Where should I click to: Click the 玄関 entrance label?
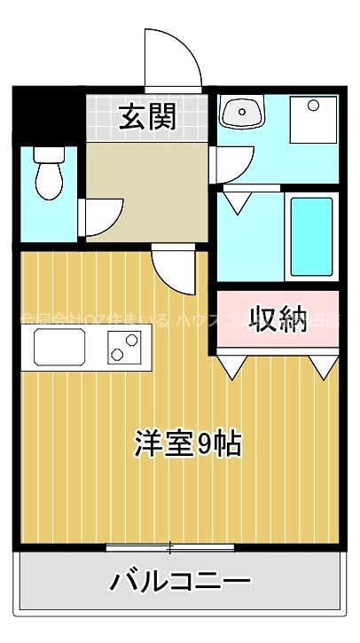point(147,115)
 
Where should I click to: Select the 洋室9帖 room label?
point(189,441)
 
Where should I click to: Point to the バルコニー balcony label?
point(179,582)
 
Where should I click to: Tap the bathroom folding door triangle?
point(236,200)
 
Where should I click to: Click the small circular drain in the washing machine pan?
point(312,106)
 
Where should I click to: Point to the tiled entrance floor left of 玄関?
point(102,115)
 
